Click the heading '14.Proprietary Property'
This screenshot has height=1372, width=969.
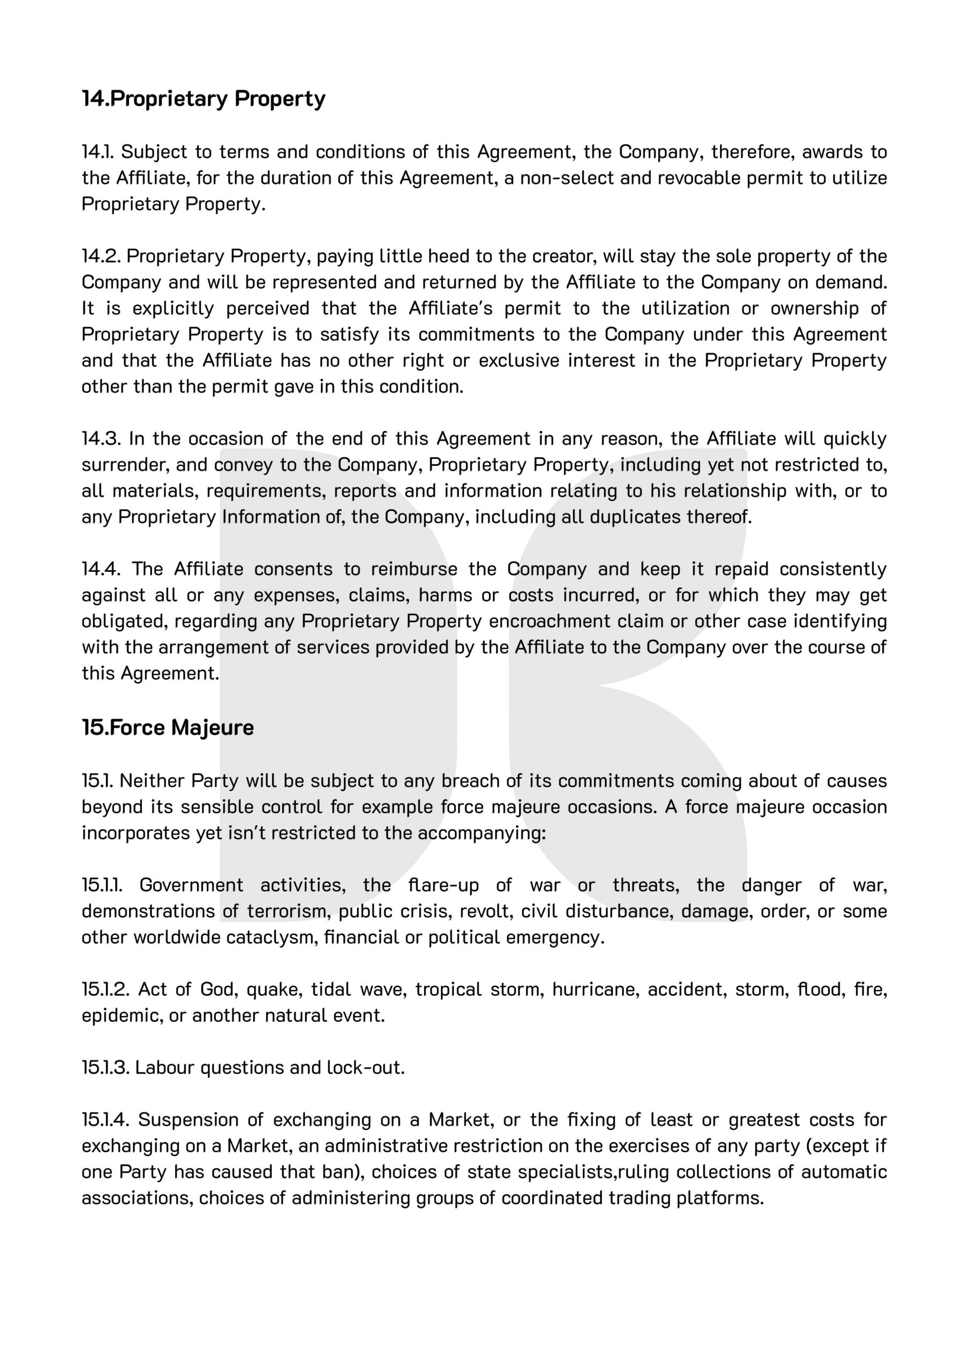click(x=204, y=99)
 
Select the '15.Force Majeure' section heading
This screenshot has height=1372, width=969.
click(x=168, y=727)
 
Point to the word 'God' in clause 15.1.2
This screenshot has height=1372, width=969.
click(x=217, y=989)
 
